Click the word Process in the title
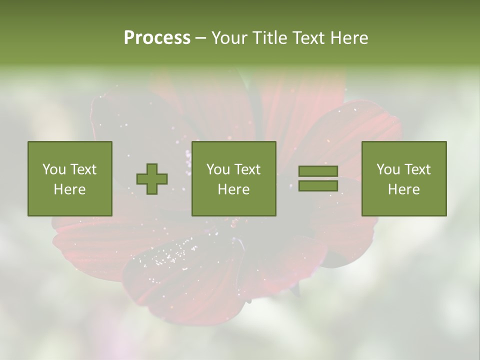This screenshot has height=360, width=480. click(x=157, y=38)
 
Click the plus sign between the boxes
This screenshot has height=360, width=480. click(x=152, y=179)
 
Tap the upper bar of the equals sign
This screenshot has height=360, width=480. click(x=318, y=171)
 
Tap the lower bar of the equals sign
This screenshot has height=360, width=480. click(x=318, y=186)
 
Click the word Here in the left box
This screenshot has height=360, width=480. click(x=70, y=189)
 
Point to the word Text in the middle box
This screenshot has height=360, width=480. click(x=247, y=169)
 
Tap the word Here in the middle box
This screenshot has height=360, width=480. click(x=234, y=189)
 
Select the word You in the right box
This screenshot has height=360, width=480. click(x=388, y=169)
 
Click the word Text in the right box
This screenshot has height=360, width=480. click(x=417, y=169)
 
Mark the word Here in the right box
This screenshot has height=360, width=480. click(x=404, y=189)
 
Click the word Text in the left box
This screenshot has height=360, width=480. click(x=83, y=169)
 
